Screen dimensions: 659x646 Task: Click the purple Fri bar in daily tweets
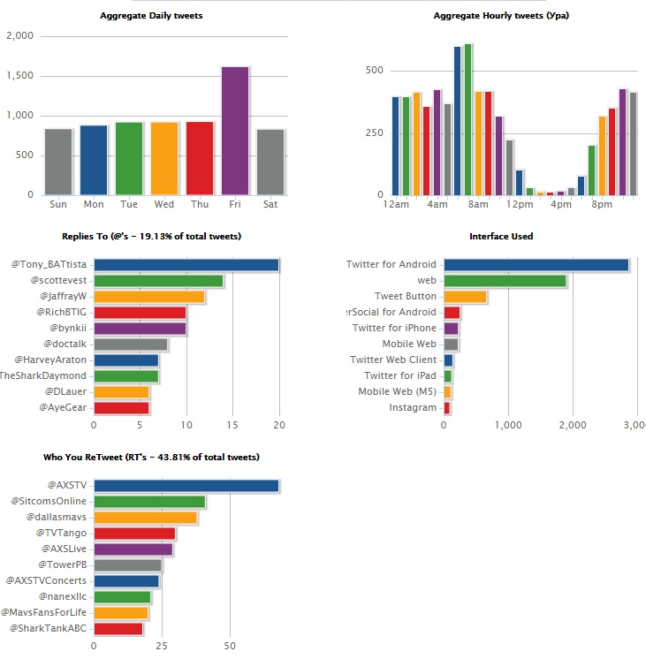235,131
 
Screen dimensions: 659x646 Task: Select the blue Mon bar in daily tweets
94,160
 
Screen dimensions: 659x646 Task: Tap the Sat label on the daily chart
270,204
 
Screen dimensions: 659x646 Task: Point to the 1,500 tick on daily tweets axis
19,76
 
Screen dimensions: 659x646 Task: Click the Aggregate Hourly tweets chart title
482,16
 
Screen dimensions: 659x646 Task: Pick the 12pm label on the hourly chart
519,204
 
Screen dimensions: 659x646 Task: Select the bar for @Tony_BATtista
186,265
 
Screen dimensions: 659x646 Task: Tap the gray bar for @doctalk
131,345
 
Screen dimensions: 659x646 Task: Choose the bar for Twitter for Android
536,265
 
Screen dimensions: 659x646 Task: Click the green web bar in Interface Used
505,281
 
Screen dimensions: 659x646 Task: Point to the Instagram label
413,408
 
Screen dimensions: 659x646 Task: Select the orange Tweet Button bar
465,297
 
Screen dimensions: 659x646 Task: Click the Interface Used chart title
501,237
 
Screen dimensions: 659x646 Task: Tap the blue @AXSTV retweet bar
186,486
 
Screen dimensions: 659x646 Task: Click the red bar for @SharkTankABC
118,629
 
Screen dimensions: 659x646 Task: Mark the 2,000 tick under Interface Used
573,425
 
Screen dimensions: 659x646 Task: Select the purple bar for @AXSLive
133,549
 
